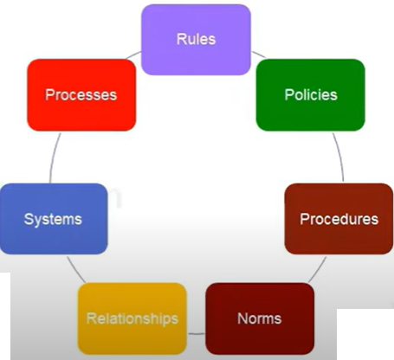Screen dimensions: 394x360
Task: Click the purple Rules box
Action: pyautogui.click(x=196, y=40)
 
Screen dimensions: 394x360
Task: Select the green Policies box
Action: pyautogui.click(x=311, y=95)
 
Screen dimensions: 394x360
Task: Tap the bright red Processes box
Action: pyautogui.click(x=81, y=95)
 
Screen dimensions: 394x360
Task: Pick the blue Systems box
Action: pyautogui.click(x=54, y=219)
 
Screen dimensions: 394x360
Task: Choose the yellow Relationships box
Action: pyautogui.click(x=132, y=318)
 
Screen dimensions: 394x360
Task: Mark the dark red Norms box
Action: pyautogui.click(x=260, y=318)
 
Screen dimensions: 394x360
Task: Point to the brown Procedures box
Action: pyautogui.click(x=339, y=219)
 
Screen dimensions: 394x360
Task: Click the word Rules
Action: pyautogui.click(x=196, y=39)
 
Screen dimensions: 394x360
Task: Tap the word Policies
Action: pyautogui.click(x=311, y=95)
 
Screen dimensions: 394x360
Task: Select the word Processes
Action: pyautogui.click(x=81, y=95)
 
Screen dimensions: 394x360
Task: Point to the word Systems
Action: pyautogui.click(x=53, y=220)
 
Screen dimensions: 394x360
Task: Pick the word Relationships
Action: pyautogui.click(x=132, y=319)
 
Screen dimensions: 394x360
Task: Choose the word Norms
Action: pyautogui.click(x=260, y=318)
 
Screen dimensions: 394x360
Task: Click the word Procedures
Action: pyautogui.click(x=339, y=219)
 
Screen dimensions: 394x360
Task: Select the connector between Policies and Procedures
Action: pyautogui.click(x=339, y=157)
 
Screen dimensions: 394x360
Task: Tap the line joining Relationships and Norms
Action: pyautogui.click(x=197, y=334)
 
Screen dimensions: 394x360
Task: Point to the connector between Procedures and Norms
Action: pyautogui.click(x=318, y=270)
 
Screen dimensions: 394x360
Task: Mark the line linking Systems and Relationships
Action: pyautogui.click(x=75, y=270)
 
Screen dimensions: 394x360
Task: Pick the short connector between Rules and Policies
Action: pyautogui.click(x=259, y=55)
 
